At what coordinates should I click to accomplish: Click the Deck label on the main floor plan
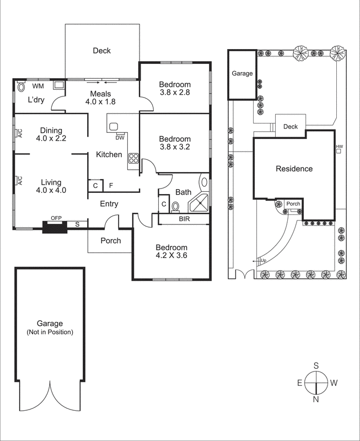click(x=101, y=51)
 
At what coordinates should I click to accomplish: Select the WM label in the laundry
click(x=37, y=87)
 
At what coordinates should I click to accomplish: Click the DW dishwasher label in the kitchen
click(x=120, y=138)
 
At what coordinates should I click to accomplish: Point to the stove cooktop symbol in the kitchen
click(x=133, y=159)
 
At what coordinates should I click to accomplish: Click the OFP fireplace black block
click(x=55, y=226)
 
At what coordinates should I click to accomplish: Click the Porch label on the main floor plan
click(x=111, y=241)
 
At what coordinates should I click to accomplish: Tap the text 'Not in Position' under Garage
click(x=50, y=332)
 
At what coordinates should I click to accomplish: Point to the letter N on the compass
click(x=316, y=399)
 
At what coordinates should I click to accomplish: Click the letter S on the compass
click(x=316, y=365)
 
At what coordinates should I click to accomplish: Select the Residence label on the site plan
click(x=294, y=169)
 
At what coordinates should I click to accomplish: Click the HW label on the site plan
click(x=339, y=147)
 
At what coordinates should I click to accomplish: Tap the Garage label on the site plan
click(x=242, y=73)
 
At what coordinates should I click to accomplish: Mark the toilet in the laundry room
click(x=22, y=87)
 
